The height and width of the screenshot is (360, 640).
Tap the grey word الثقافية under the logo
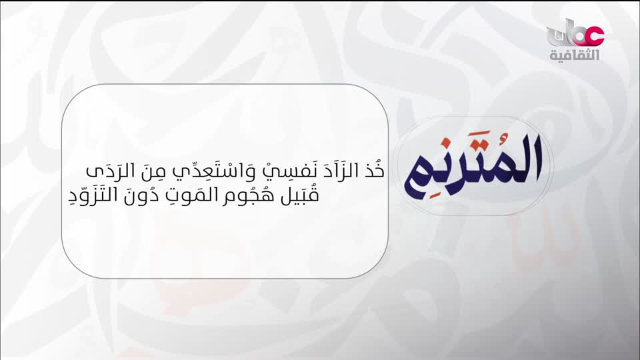(574, 55)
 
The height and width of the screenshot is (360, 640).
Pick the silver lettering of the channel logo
(562, 35)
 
